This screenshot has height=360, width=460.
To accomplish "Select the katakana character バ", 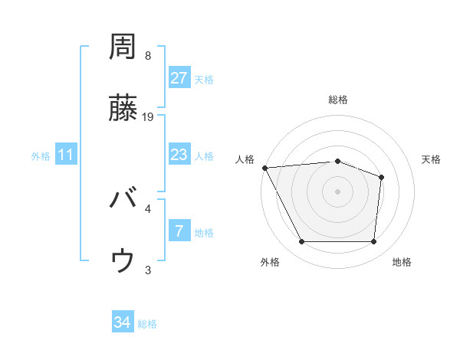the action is (123, 201).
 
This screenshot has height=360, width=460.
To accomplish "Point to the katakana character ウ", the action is (123, 261).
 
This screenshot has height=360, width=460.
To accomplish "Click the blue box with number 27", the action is (179, 77).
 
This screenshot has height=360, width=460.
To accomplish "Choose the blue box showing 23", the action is (179, 155).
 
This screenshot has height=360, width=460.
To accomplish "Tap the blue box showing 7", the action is (179, 231).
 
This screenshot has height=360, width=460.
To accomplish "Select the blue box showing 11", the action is (66, 155).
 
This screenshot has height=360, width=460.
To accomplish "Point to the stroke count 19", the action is (149, 117).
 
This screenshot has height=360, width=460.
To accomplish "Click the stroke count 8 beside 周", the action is (148, 56).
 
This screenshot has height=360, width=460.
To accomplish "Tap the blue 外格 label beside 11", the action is (41, 155).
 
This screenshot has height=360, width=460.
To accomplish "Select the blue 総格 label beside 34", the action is (147, 324).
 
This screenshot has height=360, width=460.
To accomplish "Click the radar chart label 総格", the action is (338, 100).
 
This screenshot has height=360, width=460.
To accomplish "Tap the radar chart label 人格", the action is (245, 159).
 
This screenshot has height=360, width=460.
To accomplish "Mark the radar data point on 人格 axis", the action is (264, 167).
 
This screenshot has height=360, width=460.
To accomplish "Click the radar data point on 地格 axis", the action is (373, 241).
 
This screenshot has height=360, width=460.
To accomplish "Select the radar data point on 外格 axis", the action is (301, 241).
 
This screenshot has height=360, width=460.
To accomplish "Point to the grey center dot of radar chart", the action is (338, 191).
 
